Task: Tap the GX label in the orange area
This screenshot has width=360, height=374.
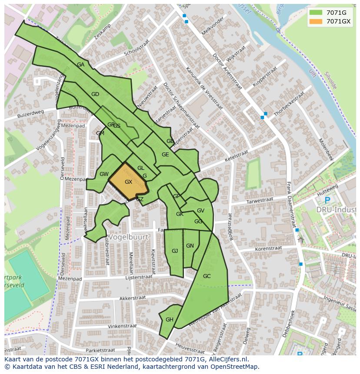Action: [x=128, y=182]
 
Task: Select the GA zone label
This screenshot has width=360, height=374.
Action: [x=80, y=65]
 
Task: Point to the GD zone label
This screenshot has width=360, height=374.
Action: [x=95, y=94]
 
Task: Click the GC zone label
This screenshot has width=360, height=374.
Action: [x=207, y=276]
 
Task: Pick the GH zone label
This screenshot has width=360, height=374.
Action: [x=170, y=320]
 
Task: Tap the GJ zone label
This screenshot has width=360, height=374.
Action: [x=175, y=251]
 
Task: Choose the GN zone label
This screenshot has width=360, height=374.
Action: [x=190, y=246]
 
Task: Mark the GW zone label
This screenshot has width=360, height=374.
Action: [x=104, y=174]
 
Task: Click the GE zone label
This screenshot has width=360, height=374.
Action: [x=165, y=155]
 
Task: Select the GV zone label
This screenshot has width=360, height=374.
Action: [x=200, y=211]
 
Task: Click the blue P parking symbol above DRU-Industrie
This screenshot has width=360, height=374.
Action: [x=327, y=200]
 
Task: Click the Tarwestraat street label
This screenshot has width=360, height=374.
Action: [x=260, y=201]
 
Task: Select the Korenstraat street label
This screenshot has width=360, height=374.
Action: [x=269, y=249]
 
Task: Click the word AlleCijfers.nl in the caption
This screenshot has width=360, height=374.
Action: [x=227, y=359]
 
